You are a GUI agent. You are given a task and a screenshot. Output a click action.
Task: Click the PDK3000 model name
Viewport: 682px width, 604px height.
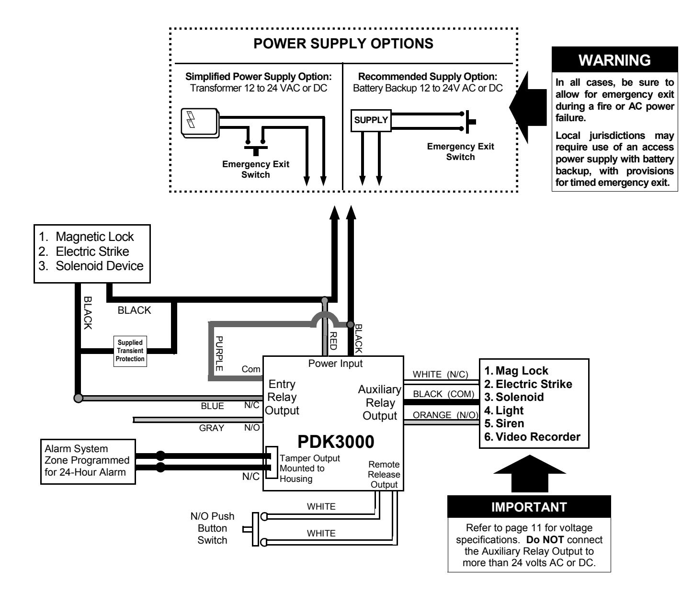(336, 442)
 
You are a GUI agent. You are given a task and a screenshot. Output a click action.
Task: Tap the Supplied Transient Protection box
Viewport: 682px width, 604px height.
(130, 351)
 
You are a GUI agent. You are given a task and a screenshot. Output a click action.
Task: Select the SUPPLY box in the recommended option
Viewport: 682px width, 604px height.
(371, 120)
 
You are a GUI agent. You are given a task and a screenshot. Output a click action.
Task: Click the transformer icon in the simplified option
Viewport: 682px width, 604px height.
(200, 123)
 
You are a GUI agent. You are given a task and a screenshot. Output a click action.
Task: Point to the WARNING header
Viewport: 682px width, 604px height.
(614, 60)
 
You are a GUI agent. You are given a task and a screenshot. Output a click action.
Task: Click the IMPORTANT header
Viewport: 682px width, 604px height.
(529, 507)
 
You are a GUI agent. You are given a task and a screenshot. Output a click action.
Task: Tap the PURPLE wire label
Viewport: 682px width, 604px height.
(219, 353)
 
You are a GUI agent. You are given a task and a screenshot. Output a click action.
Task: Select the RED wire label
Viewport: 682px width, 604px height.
(333, 341)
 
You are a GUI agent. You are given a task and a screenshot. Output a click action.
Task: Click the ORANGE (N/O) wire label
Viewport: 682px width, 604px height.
(445, 415)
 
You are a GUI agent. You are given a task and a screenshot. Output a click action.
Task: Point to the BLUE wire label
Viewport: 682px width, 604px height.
(212, 406)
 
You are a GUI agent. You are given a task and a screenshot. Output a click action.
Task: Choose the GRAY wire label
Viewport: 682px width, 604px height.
(211, 428)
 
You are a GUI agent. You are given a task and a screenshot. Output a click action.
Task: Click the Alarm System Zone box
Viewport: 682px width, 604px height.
(88, 461)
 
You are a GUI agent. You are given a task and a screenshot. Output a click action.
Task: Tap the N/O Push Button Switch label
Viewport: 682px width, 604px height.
(212, 528)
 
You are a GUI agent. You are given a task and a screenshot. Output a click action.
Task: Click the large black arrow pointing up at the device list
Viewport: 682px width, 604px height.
(529, 473)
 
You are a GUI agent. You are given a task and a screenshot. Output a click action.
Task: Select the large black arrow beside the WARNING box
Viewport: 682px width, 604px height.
(527, 107)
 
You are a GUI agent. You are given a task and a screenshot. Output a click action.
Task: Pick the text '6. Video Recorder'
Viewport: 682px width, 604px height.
(532, 437)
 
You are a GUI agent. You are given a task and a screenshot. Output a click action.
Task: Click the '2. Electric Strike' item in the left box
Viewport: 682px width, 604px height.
(83, 251)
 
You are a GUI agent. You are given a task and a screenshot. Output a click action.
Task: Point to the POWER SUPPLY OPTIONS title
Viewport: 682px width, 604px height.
(343, 44)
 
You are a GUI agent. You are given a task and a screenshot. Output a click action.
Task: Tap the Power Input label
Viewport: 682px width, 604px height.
(335, 363)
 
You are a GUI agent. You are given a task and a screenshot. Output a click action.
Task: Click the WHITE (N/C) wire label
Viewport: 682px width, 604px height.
(440, 374)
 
